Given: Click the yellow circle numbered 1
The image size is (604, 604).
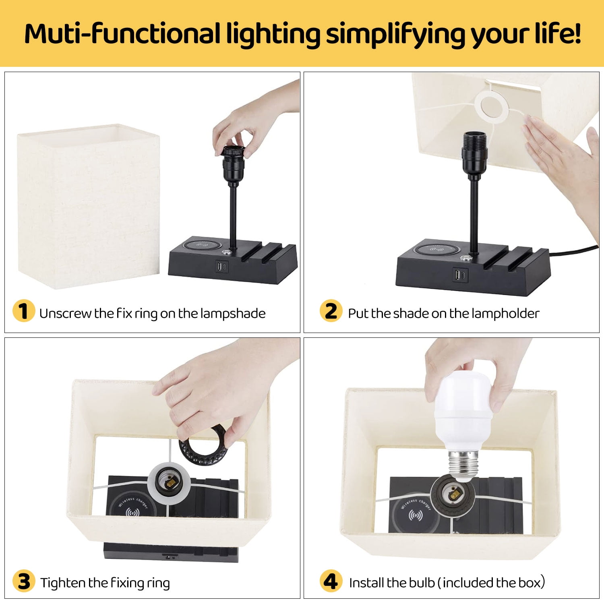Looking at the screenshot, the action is click(x=24, y=311).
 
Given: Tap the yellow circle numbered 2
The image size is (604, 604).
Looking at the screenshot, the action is click(x=331, y=311).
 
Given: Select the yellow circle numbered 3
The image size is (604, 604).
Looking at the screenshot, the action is click(x=24, y=581).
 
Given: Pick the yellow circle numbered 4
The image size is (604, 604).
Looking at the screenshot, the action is click(x=331, y=581).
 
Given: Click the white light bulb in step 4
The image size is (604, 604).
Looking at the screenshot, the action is click(x=463, y=427).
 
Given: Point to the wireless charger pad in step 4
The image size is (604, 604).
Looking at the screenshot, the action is click(x=415, y=511).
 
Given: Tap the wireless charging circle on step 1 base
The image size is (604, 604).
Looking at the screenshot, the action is click(x=201, y=245).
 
